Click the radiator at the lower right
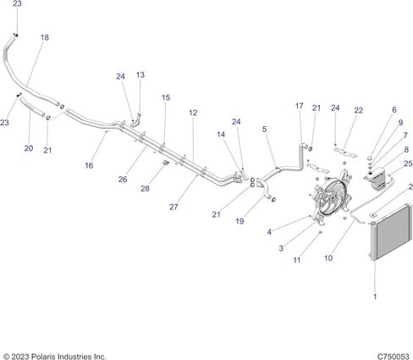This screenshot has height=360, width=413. (391, 231)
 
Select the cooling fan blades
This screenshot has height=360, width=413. (332, 196)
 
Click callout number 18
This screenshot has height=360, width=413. (45, 37)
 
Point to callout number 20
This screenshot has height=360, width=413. (29, 148)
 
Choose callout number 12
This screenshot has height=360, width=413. (193, 113)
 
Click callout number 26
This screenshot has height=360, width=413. (123, 179)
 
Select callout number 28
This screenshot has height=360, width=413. (145, 188)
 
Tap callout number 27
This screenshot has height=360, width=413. (173, 207)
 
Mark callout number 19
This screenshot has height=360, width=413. (240, 221)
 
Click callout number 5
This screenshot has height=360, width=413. (264, 129)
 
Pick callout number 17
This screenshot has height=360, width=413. (300, 106)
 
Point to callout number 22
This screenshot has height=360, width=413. (358, 110)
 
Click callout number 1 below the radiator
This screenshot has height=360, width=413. (375, 296)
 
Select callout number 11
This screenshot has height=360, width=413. (297, 260)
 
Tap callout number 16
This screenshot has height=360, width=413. (89, 165)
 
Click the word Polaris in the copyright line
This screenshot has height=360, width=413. (43, 357)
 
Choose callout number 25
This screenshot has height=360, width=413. (408, 163)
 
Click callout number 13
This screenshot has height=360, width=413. (140, 75)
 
